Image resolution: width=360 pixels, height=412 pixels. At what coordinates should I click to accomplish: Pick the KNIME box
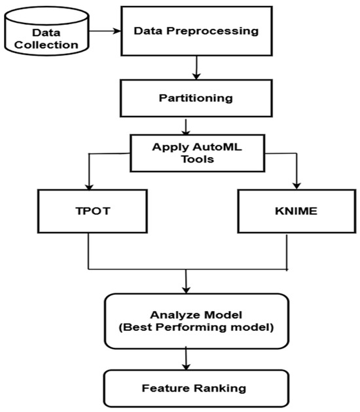288,211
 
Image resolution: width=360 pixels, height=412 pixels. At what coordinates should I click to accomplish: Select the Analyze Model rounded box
196,320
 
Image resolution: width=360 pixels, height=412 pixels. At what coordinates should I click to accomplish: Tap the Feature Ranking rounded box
196,388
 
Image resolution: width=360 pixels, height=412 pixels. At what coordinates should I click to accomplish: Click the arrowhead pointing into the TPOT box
88,185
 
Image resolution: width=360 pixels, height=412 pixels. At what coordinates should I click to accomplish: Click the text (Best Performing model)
196,327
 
